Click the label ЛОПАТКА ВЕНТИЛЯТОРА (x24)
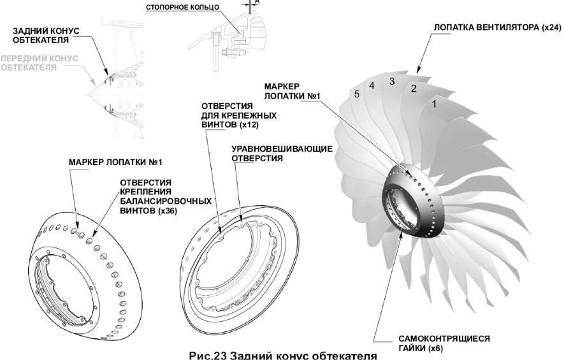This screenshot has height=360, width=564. pyautogui.click(x=498, y=28)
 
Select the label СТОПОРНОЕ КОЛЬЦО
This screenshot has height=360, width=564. pyautogui.click(x=182, y=8)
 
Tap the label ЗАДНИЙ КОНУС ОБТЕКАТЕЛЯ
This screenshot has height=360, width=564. pyautogui.click(x=46, y=36)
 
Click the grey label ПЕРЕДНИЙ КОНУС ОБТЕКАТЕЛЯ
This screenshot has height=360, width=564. pyautogui.click(x=40, y=63)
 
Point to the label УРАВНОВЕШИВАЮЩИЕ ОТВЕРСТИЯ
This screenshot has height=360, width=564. pyautogui.click(x=282, y=154)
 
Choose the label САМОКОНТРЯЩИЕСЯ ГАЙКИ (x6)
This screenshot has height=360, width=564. pyautogui.click(x=444, y=343)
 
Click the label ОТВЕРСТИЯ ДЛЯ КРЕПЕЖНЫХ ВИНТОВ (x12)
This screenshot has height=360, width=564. pyautogui.click(x=239, y=115)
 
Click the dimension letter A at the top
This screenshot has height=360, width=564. pyautogui.click(x=257, y=1)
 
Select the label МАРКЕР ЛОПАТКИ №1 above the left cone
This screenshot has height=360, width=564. pyautogui.click(x=115, y=162)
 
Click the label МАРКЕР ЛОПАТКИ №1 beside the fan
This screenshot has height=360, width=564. pyautogui.click(x=292, y=91)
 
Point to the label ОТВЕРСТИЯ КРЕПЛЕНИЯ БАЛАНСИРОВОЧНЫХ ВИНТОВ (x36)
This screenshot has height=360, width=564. pyautogui.click(x=166, y=197)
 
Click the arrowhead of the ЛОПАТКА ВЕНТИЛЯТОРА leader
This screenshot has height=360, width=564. pyautogui.click(x=417, y=71)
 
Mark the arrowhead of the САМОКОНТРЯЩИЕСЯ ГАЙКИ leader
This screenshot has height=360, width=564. pyautogui.click(x=401, y=234)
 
